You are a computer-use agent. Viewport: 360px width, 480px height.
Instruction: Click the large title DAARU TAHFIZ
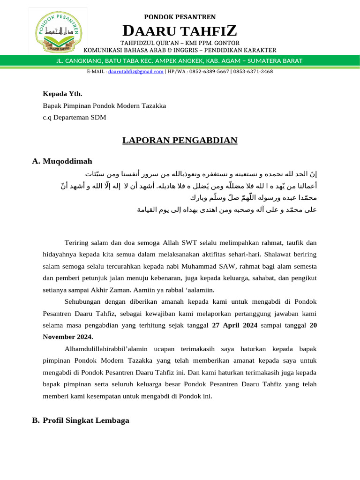(180, 31)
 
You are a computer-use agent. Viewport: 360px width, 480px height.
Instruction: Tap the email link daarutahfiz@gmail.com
(136, 72)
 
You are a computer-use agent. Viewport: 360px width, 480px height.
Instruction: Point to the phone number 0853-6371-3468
(253, 72)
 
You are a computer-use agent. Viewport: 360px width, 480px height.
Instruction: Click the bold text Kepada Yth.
(59, 94)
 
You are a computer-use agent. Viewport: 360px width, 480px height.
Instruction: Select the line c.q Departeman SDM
(74, 117)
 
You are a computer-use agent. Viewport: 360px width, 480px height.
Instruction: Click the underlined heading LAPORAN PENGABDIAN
(180, 140)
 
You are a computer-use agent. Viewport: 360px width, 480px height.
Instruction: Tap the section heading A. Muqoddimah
(62, 161)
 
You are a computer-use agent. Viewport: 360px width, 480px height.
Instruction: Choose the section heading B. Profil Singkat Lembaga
(81, 420)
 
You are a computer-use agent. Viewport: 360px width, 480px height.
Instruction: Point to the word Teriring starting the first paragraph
(75, 242)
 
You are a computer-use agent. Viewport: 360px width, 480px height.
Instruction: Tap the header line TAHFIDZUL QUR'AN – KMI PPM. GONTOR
(180, 43)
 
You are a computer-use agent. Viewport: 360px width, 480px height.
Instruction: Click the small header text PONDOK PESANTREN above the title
(180, 17)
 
